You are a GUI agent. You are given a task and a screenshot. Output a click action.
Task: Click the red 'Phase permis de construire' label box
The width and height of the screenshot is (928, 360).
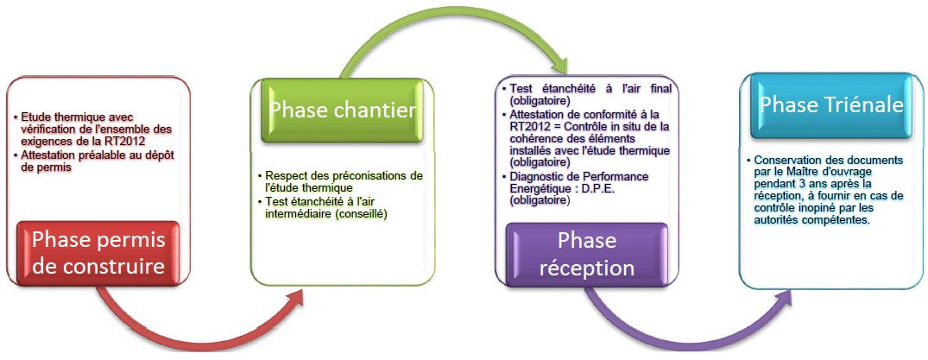click(x=98, y=254)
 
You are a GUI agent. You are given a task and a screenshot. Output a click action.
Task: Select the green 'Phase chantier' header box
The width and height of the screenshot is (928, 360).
click(x=342, y=111)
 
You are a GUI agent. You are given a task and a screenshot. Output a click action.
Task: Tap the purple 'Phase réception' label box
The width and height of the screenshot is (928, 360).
click(x=586, y=255)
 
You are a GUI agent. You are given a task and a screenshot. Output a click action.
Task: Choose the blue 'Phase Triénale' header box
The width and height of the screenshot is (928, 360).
click(x=831, y=105)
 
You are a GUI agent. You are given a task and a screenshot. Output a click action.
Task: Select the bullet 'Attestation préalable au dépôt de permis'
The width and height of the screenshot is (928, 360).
click(x=95, y=161)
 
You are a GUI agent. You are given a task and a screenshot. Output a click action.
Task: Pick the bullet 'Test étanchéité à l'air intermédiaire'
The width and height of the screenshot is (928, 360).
click(x=323, y=208)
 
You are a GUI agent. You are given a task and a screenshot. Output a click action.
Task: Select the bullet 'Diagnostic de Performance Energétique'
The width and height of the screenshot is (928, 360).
click(x=575, y=189)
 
